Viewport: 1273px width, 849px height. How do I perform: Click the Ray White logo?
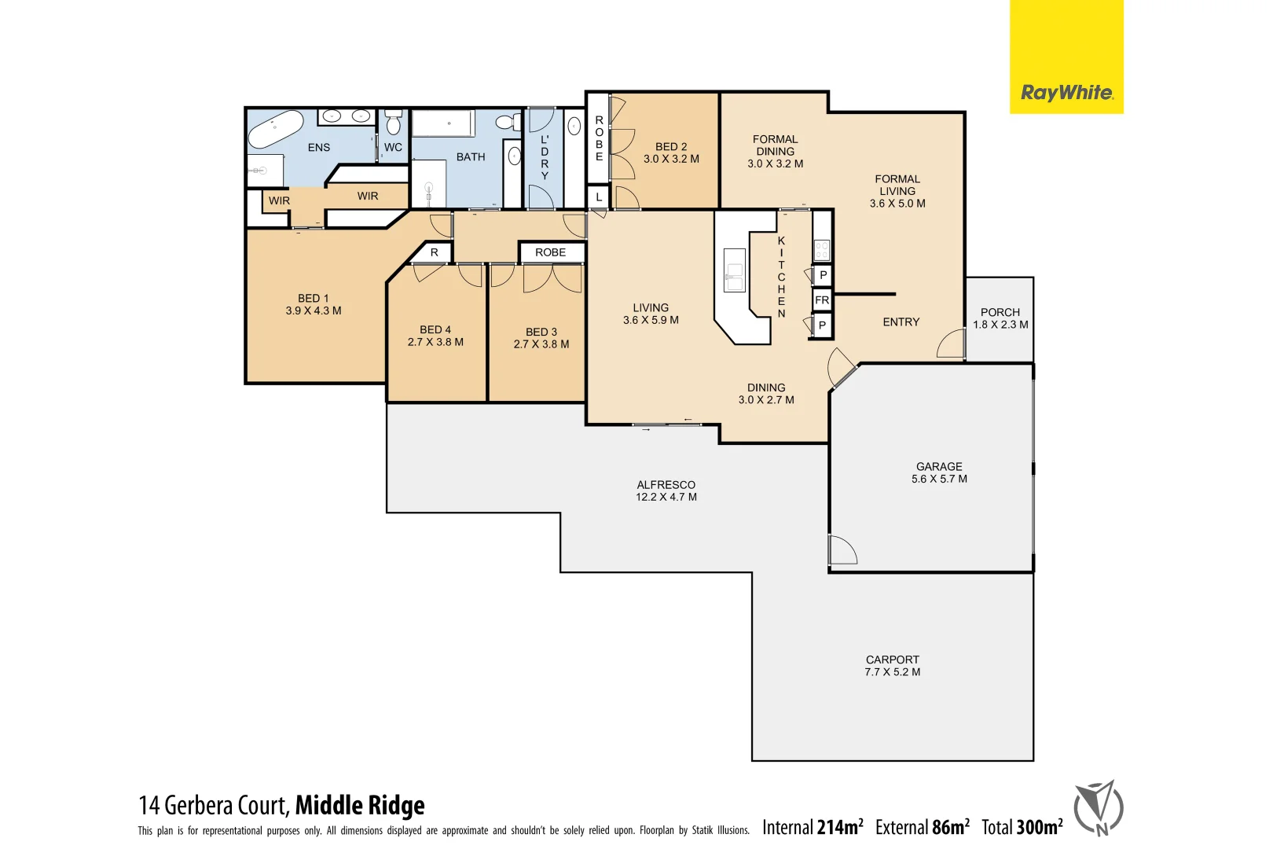coord(1066,93)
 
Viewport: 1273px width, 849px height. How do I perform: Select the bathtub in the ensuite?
coord(276,129)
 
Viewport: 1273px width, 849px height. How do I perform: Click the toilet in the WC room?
coord(394,124)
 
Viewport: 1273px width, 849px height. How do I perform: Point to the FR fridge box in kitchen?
coord(822,300)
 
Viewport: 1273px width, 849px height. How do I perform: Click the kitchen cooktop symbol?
coord(822,251)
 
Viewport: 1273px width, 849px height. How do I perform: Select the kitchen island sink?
coord(735,270)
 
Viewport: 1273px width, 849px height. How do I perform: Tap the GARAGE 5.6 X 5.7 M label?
coord(939,472)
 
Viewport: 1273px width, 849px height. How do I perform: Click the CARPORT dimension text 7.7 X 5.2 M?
coord(892,672)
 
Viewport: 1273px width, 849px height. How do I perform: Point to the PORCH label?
coord(1000,312)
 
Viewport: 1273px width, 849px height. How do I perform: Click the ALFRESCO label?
coord(666,485)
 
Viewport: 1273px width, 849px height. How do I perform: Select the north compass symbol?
coord(1099,808)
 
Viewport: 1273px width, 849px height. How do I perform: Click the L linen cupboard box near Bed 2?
coord(599,197)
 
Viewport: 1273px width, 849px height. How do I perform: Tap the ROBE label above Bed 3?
coord(550,252)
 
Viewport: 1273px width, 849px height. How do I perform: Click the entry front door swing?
coord(952,344)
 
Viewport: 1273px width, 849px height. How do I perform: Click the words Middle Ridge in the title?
coord(360,805)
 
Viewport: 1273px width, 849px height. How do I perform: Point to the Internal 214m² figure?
coord(813,827)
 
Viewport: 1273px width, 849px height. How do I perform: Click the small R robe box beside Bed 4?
coord(434,252)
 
